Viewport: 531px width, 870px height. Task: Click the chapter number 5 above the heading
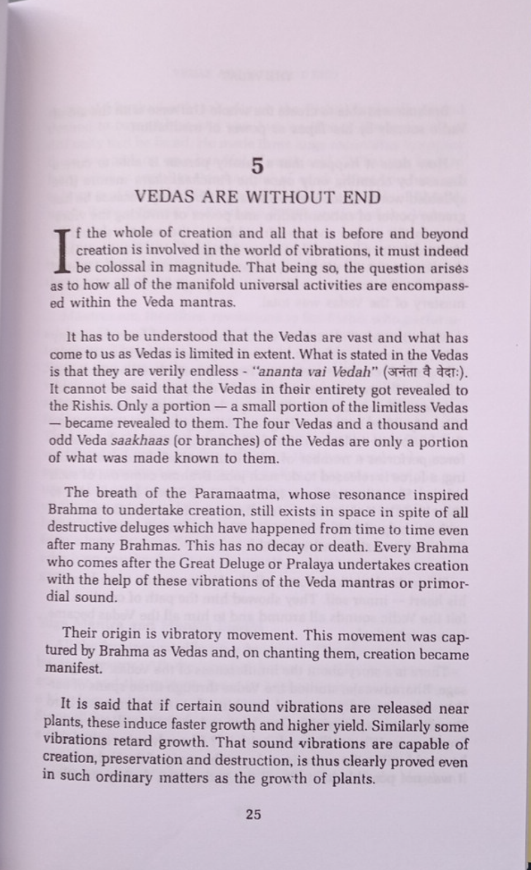(257, 167)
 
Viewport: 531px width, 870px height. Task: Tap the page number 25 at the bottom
(253, 814)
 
